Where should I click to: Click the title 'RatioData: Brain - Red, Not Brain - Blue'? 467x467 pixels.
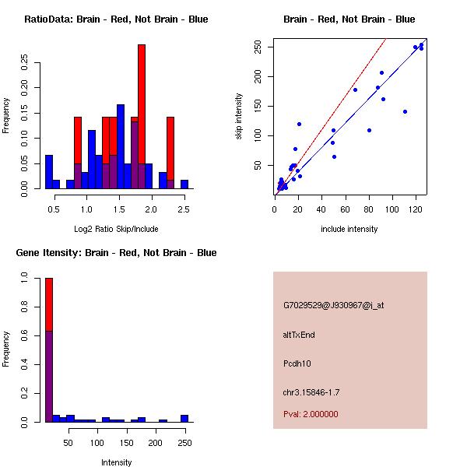(116, 19)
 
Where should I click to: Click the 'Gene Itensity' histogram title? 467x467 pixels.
(116, 253)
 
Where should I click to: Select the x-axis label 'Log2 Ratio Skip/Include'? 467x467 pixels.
(116, 229)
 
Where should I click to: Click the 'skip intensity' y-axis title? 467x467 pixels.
(240, 117)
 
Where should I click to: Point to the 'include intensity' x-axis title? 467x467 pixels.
(349, 229)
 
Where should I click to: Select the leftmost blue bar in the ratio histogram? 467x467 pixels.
(49, 171)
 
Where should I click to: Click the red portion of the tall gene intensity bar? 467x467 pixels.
(49, 304)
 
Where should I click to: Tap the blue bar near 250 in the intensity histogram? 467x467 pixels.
(184, 418)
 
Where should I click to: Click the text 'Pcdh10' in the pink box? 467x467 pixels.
(297, 363)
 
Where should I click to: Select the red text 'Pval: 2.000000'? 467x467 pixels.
(311, 414)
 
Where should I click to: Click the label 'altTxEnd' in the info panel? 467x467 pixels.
(299, 335)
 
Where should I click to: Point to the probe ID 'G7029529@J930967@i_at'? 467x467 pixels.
(333, 305)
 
